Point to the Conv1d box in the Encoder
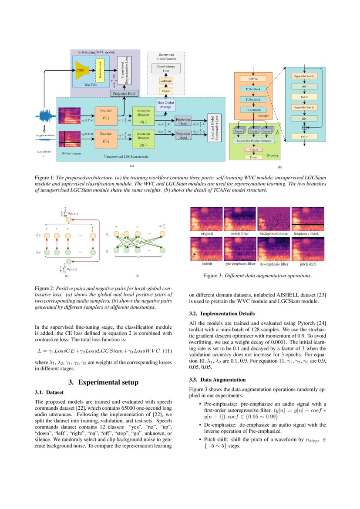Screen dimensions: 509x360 (253, 79)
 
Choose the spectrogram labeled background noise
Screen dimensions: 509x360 (273, 219)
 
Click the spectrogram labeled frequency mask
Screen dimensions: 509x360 (307, 219)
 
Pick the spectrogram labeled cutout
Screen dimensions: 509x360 (207, 249)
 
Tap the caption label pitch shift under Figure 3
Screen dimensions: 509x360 (307, 264)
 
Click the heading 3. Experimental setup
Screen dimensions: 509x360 (104, 382)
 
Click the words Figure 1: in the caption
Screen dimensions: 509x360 (44, 178)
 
